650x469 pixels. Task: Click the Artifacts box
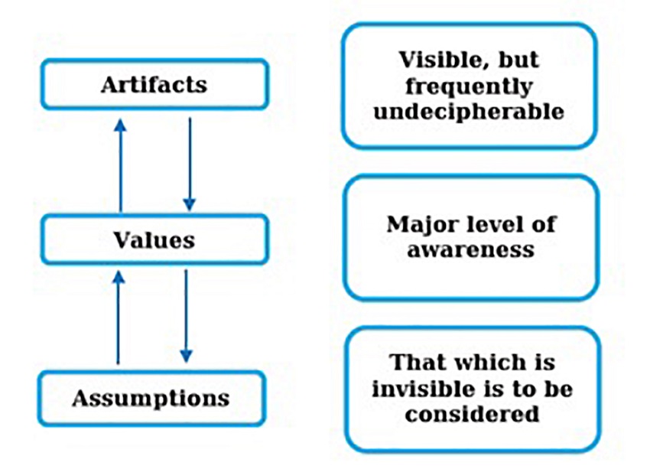[154, 84]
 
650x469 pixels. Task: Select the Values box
[154, 240]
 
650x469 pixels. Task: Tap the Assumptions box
[151, 398]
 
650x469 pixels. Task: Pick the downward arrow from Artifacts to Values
[190, 164]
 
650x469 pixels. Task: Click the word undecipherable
[469, 112]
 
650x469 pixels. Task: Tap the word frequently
[468, 86]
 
